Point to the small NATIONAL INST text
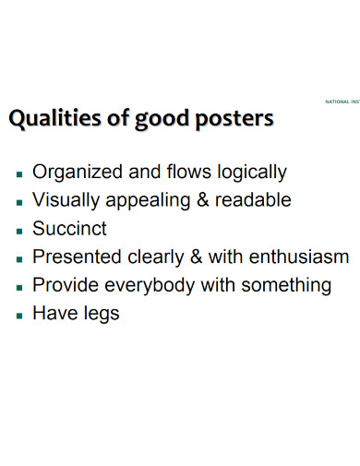click(341, 101)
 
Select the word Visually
click(66, 200)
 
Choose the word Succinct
click(69, 229)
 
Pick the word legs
click(100, 314)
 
